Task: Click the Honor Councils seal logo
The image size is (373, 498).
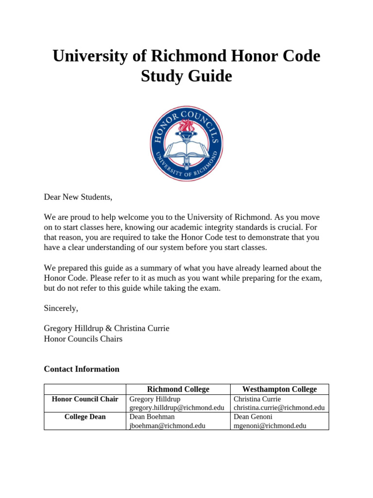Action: [x=186, y=144]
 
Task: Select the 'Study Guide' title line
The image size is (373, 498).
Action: [x=186, y=76]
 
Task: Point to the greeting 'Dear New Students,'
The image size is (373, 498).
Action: [x=78, y=197]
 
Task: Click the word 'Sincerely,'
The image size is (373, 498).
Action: [x=61, y=308]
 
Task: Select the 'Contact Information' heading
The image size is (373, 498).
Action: [x=82, y=369]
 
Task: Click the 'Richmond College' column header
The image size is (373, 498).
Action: [x=178, y=389]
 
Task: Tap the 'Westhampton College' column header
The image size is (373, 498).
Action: [x=279, y=389]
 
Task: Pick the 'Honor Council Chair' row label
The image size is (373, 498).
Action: [x=85, y=399]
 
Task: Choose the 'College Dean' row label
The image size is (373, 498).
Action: [x=85, y=417]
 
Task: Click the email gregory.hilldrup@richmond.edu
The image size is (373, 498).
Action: [x=177, y=408]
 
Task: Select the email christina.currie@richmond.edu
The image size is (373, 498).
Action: [x=279, y=408]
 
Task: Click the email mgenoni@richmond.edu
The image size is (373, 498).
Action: [x=270, y=426]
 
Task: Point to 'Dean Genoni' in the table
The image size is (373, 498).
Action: [x=254, y=417]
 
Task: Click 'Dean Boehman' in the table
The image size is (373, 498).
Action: [x=152, y=417]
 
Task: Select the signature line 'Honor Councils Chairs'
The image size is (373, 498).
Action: [x=83, y=339]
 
